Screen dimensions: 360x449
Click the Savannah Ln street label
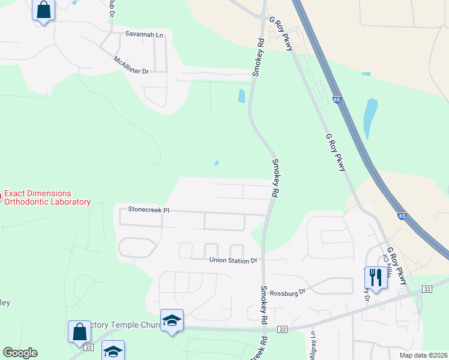pyautogui.click(x=144, y=34)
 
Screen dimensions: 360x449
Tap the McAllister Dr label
pyautogui.click(x=130, y=65)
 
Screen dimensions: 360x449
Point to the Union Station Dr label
pyautogui.click(x=233, y=260)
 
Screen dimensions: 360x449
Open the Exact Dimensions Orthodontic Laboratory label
pyautogui.click(x=47, y=198)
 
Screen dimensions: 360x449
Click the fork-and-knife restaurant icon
pyautogui.click(x=376, y=277)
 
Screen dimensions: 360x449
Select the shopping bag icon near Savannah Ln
pyautogui.click(x=43, y=10)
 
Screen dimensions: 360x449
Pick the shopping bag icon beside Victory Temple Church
pyautogui.click(x=79, y=331)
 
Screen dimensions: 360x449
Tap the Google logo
pyautogui.click(x=20, y=353)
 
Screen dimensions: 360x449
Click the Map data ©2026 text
pyautogui.click(x=423, y=355)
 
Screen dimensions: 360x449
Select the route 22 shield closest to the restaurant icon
pyautogui.click(x=427, y=289)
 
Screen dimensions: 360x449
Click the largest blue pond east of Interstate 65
pyautogui.click(x=371, y=118)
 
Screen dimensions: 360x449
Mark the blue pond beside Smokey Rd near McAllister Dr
pyautogui.click(x=241, y=95)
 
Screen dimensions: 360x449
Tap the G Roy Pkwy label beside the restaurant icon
pyautogui.click(x=397, y=265)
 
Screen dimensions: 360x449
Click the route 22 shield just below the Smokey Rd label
pyautogui.click(x=282, y=329)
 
